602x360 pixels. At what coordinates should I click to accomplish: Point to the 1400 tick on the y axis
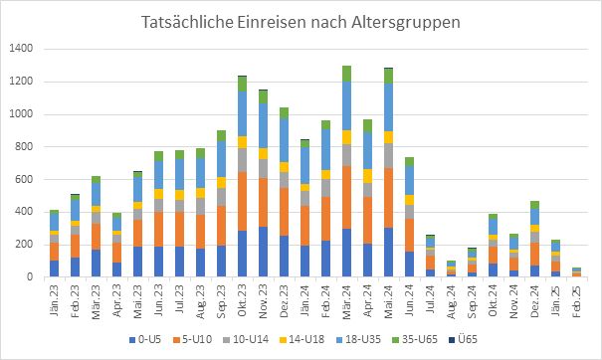[21, 49]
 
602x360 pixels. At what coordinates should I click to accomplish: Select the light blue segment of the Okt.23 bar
[242, 113]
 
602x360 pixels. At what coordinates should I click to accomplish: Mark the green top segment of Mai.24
[388, 75]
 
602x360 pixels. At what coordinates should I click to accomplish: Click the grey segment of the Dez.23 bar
[284, 179]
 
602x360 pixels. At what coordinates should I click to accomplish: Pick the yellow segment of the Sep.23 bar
[221, 183]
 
